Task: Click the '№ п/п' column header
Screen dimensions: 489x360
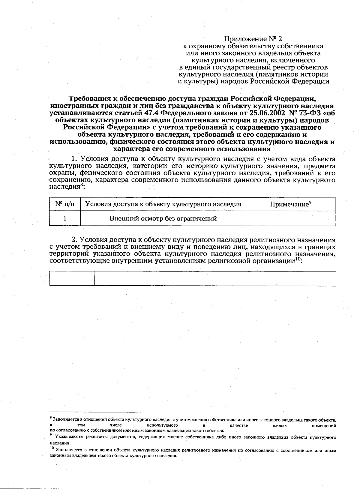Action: point(65,204)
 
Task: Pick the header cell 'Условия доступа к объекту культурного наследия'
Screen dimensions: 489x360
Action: point(163,204)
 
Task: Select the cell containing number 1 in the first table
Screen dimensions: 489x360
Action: point(65,218)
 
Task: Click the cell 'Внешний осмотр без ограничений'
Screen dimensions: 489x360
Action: point(163,218)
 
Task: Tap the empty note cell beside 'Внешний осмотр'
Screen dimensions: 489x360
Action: point(290,218)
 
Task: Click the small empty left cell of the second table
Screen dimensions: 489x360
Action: point(72,278)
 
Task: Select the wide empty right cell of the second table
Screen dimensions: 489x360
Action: point(215,278)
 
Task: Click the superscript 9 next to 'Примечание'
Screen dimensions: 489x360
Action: point(310,202)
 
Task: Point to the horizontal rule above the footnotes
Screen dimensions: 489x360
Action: point(94,412)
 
